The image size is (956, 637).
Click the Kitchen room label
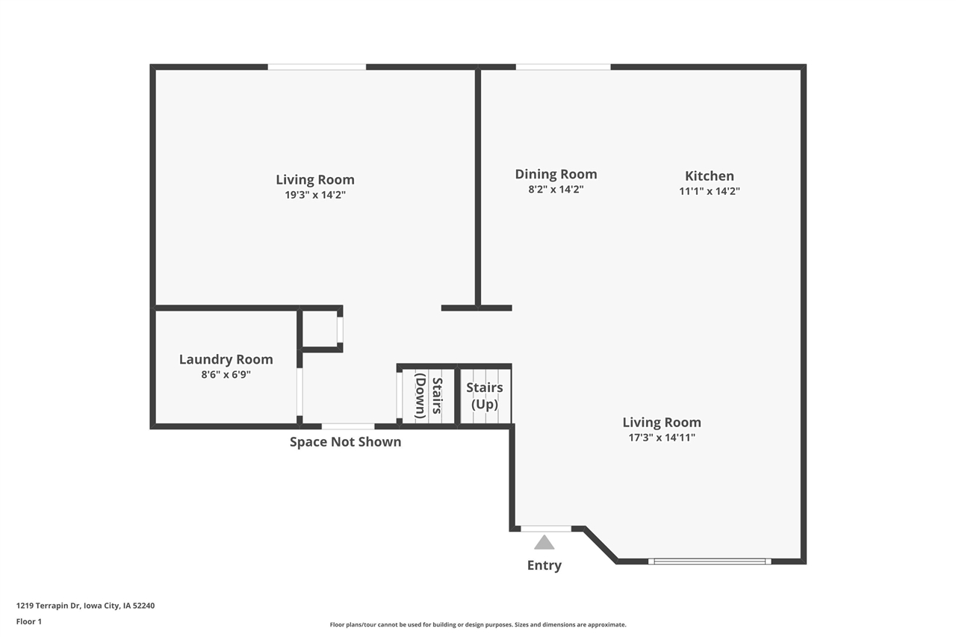point(709,176)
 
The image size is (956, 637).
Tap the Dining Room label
point(556,174)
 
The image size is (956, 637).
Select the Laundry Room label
point(226,359)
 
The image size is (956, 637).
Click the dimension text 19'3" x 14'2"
point(314,195)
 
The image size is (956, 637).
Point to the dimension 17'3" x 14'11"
point(661,438)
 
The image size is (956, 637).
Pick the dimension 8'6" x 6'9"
point(226,375)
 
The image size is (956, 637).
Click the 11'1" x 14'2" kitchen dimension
point(709,191)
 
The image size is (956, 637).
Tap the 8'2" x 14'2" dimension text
point(556,190)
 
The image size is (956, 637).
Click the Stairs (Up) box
point(485,396)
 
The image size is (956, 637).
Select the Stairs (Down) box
point(428,396)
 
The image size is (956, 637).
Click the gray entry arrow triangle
point(544,542)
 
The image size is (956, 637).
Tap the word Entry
point(544,565)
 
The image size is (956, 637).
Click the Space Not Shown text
point(345,442)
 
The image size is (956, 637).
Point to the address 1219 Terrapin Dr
point(85,606)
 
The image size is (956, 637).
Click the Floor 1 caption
point(29,621)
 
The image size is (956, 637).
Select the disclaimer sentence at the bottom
point(478,624)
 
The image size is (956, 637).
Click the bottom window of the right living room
point(710,561)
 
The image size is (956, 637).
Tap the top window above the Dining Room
point(563,67)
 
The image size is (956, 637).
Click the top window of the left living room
point(317,67)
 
